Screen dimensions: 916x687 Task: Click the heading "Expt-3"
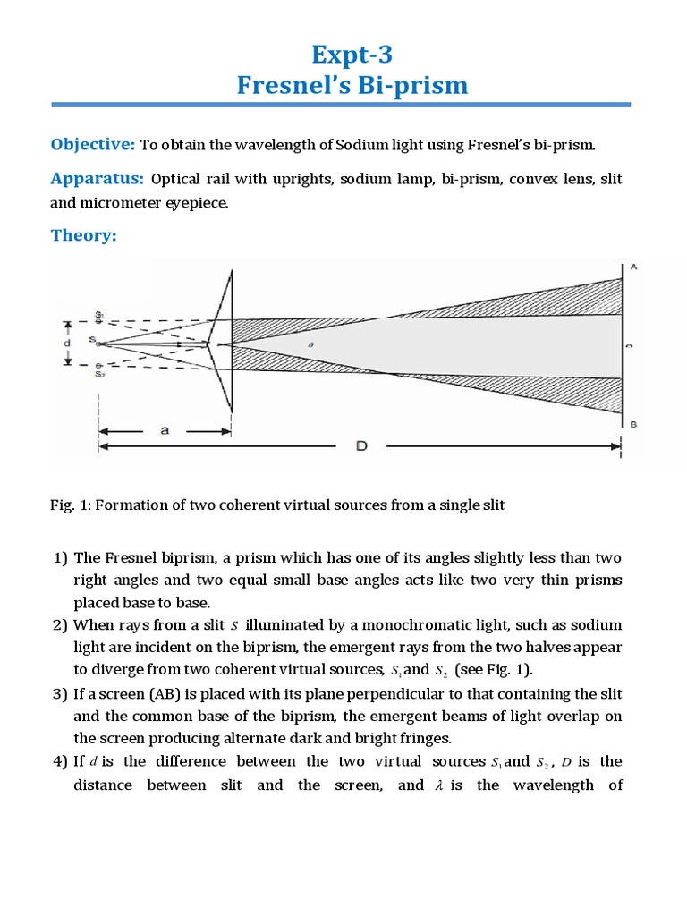pos(343,55)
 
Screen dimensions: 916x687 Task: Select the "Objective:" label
pos(91,145)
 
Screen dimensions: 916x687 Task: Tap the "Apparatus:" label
pos(97,178)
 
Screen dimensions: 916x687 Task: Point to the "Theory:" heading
pos(83,236)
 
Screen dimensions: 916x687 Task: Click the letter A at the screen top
pos(632,267)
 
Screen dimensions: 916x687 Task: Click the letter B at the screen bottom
pos(632,425)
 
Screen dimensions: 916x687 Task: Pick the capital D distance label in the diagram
pos(362,445)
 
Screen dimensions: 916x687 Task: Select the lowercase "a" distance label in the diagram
pos(165,430)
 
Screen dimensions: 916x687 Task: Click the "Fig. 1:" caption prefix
pos(70,505)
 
